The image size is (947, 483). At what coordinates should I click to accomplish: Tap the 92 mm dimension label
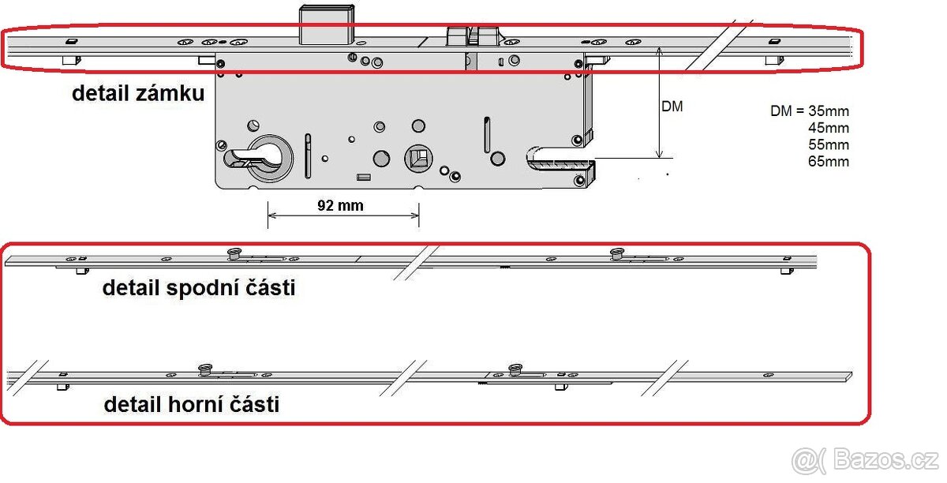[340, 205]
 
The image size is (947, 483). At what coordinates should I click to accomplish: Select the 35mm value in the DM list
[829, 110]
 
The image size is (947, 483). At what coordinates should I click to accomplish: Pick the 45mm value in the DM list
[829, 128]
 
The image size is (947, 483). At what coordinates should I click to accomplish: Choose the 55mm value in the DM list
[829, 144]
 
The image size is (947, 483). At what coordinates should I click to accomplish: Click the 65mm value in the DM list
[829, 161]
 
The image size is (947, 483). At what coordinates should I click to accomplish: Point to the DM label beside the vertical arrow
[672, 107]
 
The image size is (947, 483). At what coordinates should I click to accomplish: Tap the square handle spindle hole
[418, 159]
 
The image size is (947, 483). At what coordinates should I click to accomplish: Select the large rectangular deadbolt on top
[327, 24]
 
